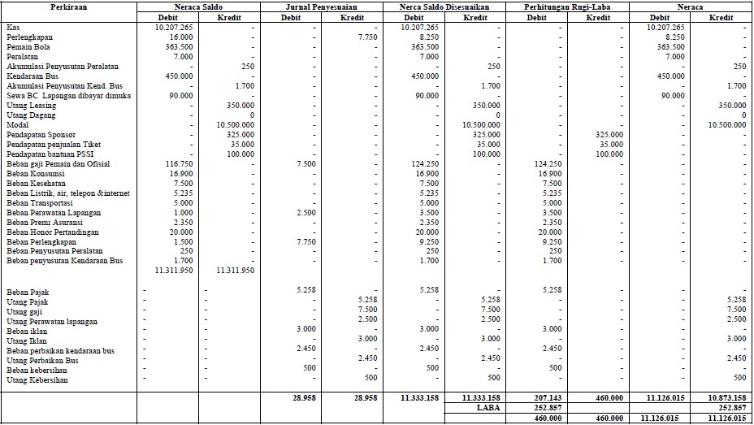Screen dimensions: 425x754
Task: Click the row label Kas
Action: click(12, 27)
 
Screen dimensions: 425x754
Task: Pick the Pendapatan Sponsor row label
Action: click(41, 134)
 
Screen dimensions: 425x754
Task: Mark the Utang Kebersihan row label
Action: click(37, 379)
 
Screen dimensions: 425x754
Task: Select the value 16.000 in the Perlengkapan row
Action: click(181, 37)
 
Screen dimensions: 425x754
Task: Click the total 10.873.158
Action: click(726, 398)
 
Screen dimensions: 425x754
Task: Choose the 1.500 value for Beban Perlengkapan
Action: click(183, 241)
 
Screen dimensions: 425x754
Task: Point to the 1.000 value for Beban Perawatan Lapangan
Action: click(183, 212)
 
